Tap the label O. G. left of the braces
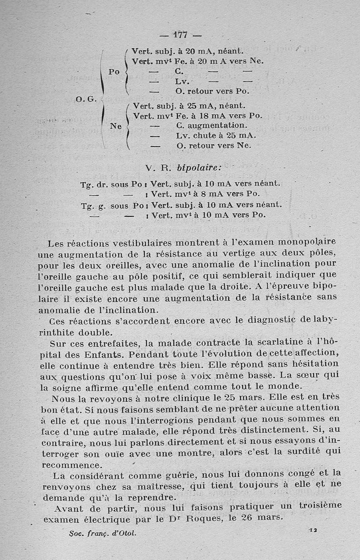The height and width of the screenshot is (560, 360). click(x=85, y=99)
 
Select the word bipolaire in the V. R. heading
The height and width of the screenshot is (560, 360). click(x=199, y=168)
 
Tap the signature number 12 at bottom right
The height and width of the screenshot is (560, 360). click(x=313, y=531)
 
